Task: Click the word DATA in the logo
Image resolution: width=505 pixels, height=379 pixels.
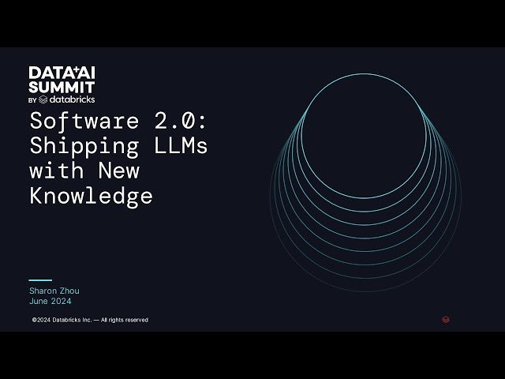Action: (x=44, y=73)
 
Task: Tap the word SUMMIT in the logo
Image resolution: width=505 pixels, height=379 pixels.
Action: (x=62, y=86)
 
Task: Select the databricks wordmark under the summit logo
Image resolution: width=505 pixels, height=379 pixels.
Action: (x=73, y=99)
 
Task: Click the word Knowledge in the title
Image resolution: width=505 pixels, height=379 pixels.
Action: (x=91, y=195)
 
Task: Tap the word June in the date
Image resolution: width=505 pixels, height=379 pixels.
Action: (x=39, y=301)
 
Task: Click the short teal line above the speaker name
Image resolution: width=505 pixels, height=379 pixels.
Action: (x=40, y=280)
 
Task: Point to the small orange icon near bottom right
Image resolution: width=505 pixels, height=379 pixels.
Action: (x=446, y=320)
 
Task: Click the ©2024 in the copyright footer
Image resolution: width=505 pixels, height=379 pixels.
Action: (x=41, y=320)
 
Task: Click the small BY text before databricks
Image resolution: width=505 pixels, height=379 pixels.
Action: (x=32, y=100)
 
